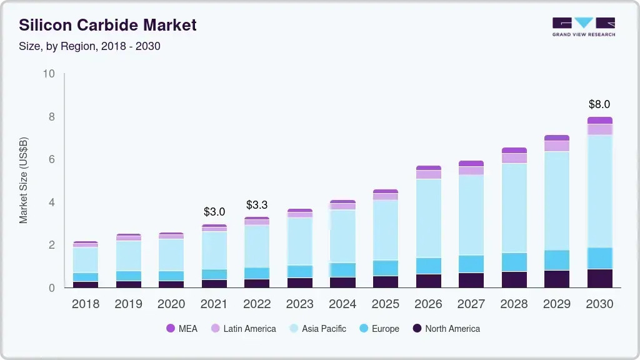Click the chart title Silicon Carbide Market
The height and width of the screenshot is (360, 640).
[x=107, y=25]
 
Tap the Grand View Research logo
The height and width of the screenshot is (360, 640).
[x=584, y=27]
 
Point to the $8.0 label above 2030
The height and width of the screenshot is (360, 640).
[x=599, y=104]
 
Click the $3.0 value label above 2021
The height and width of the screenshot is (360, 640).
[x=214, y=212]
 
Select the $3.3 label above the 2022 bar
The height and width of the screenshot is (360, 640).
[x=257, y=205]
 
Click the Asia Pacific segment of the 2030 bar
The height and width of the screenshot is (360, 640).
[x=599, y=191]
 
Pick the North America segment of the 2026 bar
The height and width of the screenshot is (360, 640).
[x=428, y=281]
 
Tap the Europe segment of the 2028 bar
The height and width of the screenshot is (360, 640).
[x=514, y=262]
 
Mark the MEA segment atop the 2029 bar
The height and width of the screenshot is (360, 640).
[x=557, y=137]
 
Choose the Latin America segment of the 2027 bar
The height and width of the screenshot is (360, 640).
[x=471, y=171]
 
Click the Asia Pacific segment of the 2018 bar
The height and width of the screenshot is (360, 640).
[x=86, y=259]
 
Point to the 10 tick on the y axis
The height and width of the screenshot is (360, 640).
[x=49, y=74]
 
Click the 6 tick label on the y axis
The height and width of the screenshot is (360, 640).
[x=52, y=159]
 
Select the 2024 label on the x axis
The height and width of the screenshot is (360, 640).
[x=342, y=304]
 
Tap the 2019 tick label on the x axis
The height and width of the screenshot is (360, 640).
[x=128, y=304]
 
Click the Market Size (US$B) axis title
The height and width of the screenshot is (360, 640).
[x=24, y=181]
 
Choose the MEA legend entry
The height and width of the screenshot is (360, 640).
[x=182, y=328]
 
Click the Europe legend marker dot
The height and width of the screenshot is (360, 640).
[x=363, y=328]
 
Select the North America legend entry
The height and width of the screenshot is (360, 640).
[x=446, y=328]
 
